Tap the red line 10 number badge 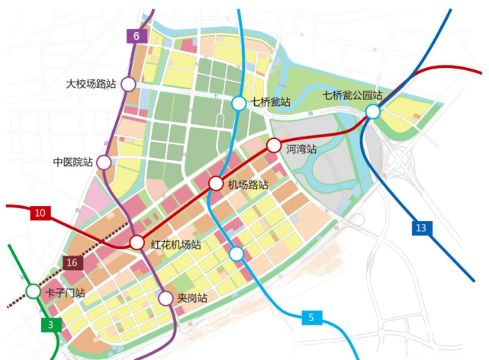40,214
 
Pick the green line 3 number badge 51,325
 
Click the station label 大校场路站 92,84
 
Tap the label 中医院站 72,162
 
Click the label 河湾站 301,149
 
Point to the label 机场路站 248,185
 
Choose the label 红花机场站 175,245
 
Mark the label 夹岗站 192,298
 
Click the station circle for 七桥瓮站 239,103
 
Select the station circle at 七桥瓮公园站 373,112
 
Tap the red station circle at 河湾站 273,144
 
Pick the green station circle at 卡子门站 33,291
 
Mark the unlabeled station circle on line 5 236,253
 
